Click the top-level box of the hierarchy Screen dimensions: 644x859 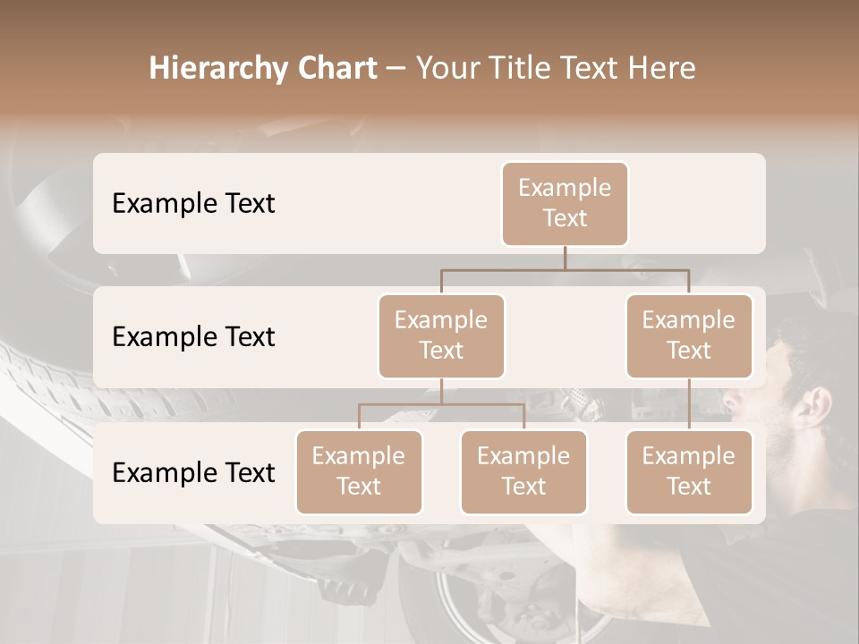[565, 203]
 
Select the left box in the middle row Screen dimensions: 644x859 [441, 335]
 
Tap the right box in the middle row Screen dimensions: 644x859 [689, 335]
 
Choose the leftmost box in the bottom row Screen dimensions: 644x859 [359, 471]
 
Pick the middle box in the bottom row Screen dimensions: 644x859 [523, 471]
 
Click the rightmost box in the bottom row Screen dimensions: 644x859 [689, 471]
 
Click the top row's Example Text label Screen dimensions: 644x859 [193, 204]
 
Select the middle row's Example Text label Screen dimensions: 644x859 [193, 337]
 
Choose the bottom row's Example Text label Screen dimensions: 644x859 [193, 472]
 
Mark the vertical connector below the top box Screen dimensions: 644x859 [565, 258]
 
